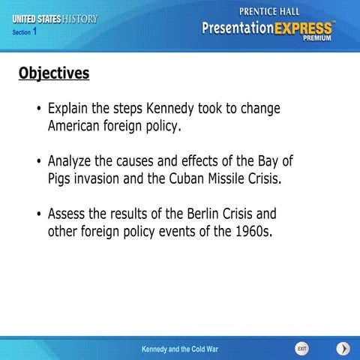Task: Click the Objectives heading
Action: click(53, 73)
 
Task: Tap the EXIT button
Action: click(301, 349)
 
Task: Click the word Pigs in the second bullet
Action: click(61, 179)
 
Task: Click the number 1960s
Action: click(244, 232)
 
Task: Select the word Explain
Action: click(70, 109)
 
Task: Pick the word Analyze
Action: click(73, 161)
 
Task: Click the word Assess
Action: click(68, 214)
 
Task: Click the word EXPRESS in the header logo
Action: click(301, 29)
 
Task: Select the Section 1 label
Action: click(25, 32)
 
